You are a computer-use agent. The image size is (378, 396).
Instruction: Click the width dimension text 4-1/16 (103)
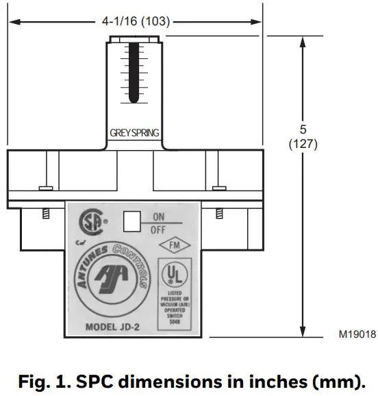pyautogui.click(x=136, y=22)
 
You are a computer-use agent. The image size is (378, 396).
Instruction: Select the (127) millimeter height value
pyautogui.click(x=303, y=145)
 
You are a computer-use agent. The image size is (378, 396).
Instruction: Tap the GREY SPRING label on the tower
pyautogui.click(x=136, y=134)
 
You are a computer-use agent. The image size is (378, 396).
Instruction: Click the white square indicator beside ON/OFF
pyautogui.click(x=131, y=221)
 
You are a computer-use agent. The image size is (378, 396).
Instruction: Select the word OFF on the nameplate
pyautogui.click(x=158, y=230)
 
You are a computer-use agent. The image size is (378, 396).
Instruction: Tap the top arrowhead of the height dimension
pyautogui.click(x=302, y=40)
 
